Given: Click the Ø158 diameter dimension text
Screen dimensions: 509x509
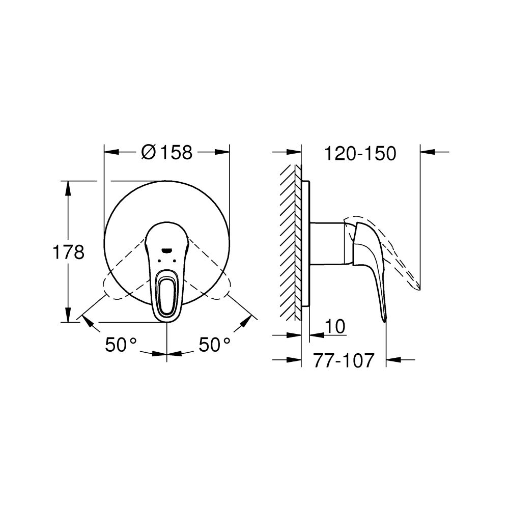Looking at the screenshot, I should [166, 152].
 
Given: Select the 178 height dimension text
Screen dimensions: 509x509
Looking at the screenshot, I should [69, 252].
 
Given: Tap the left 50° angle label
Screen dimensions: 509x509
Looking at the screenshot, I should [122, 345].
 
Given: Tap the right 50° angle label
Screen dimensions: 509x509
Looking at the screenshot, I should [214, 345].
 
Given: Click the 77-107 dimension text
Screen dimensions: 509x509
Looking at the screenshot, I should [344, 360].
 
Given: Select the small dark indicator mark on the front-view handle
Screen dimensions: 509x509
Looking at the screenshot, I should [166, 249].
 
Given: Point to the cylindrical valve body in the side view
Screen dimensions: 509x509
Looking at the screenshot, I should [326, 243].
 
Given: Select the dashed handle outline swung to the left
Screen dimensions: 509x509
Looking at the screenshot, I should [115, 288].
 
